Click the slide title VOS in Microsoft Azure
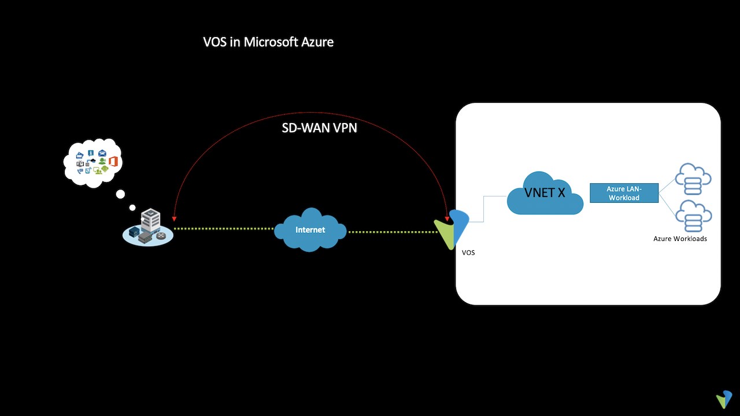point(268,42)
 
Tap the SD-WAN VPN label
point(319,128)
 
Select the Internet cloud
point(310,229)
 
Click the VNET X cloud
point(545,194)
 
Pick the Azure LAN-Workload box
point(624,193)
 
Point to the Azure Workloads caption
point(680,239)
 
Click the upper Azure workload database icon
point(694,179)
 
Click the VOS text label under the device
point(468,253)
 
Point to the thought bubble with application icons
point(94,163)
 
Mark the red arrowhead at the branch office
point(174,220)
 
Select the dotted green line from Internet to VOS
point(393,232)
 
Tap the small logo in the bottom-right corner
point(724,399)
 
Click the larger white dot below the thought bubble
point(120,194)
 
